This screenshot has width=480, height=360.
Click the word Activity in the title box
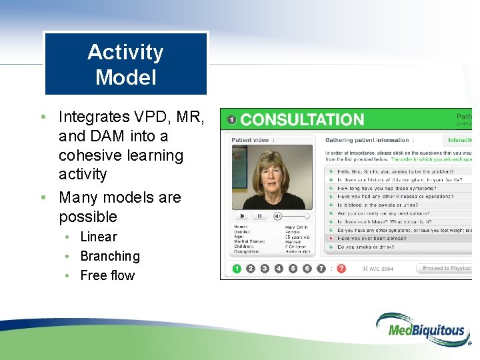point(125,52)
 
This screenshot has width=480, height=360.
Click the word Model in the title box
point(125,77)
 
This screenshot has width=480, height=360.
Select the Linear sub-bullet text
point(98,237)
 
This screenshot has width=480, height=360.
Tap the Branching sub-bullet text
point(109,256)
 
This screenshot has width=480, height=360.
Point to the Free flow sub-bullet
point(107,275)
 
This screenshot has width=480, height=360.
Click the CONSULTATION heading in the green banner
point(302,120)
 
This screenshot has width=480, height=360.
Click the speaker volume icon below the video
point(277,216)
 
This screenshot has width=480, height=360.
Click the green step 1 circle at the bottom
point(237,269)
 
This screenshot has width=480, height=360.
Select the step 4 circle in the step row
point(279,269)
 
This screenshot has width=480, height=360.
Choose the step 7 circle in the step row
point(321,269)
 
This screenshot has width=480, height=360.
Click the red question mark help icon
point(341,269)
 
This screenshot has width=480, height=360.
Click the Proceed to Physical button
point(445,269)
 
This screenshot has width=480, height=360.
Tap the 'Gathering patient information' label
point(367,140)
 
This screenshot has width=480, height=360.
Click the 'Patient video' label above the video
point(251,140)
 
